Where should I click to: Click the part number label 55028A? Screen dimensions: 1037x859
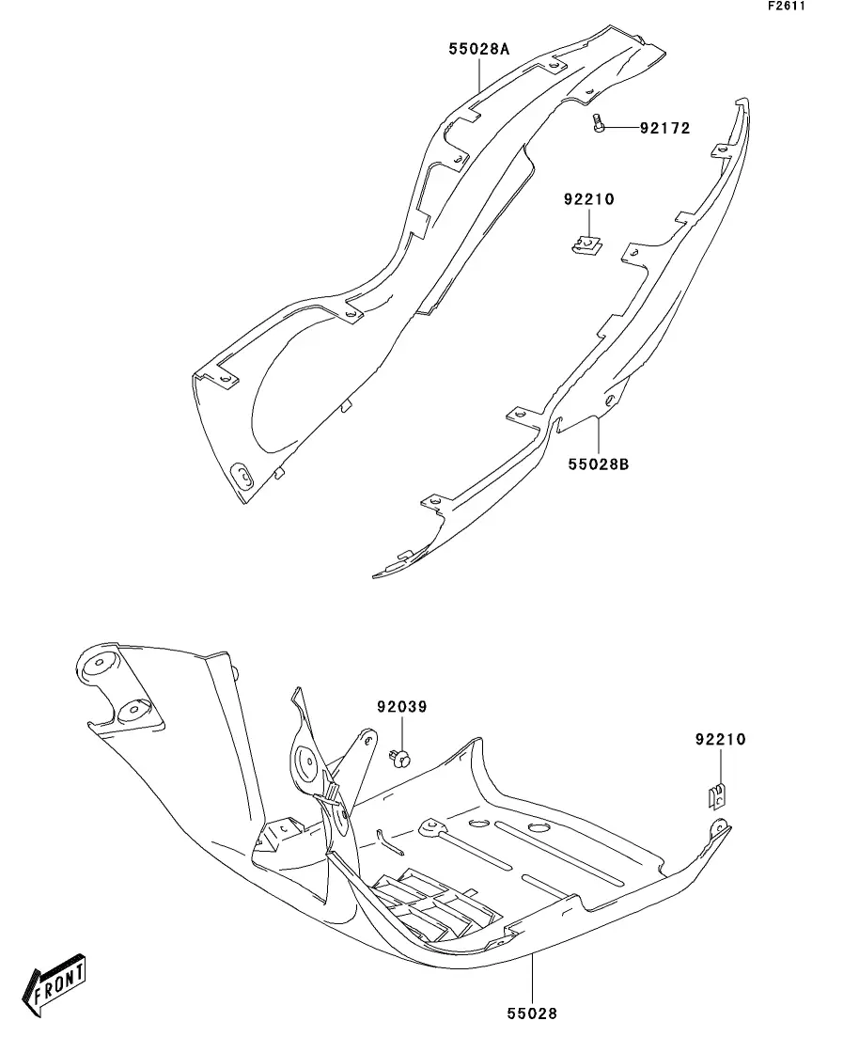pos(478,50)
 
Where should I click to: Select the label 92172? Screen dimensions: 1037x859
pos(664,128)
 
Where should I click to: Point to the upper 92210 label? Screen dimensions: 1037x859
pos(588,199)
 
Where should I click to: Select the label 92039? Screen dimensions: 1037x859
pos(401,707)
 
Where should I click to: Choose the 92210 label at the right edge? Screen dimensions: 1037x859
pos(720,740)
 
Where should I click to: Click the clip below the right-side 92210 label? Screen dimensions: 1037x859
pos(717,794)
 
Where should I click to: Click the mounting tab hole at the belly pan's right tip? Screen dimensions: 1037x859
pos(720,827)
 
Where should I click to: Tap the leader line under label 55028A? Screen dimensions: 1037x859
pos(479,75)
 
